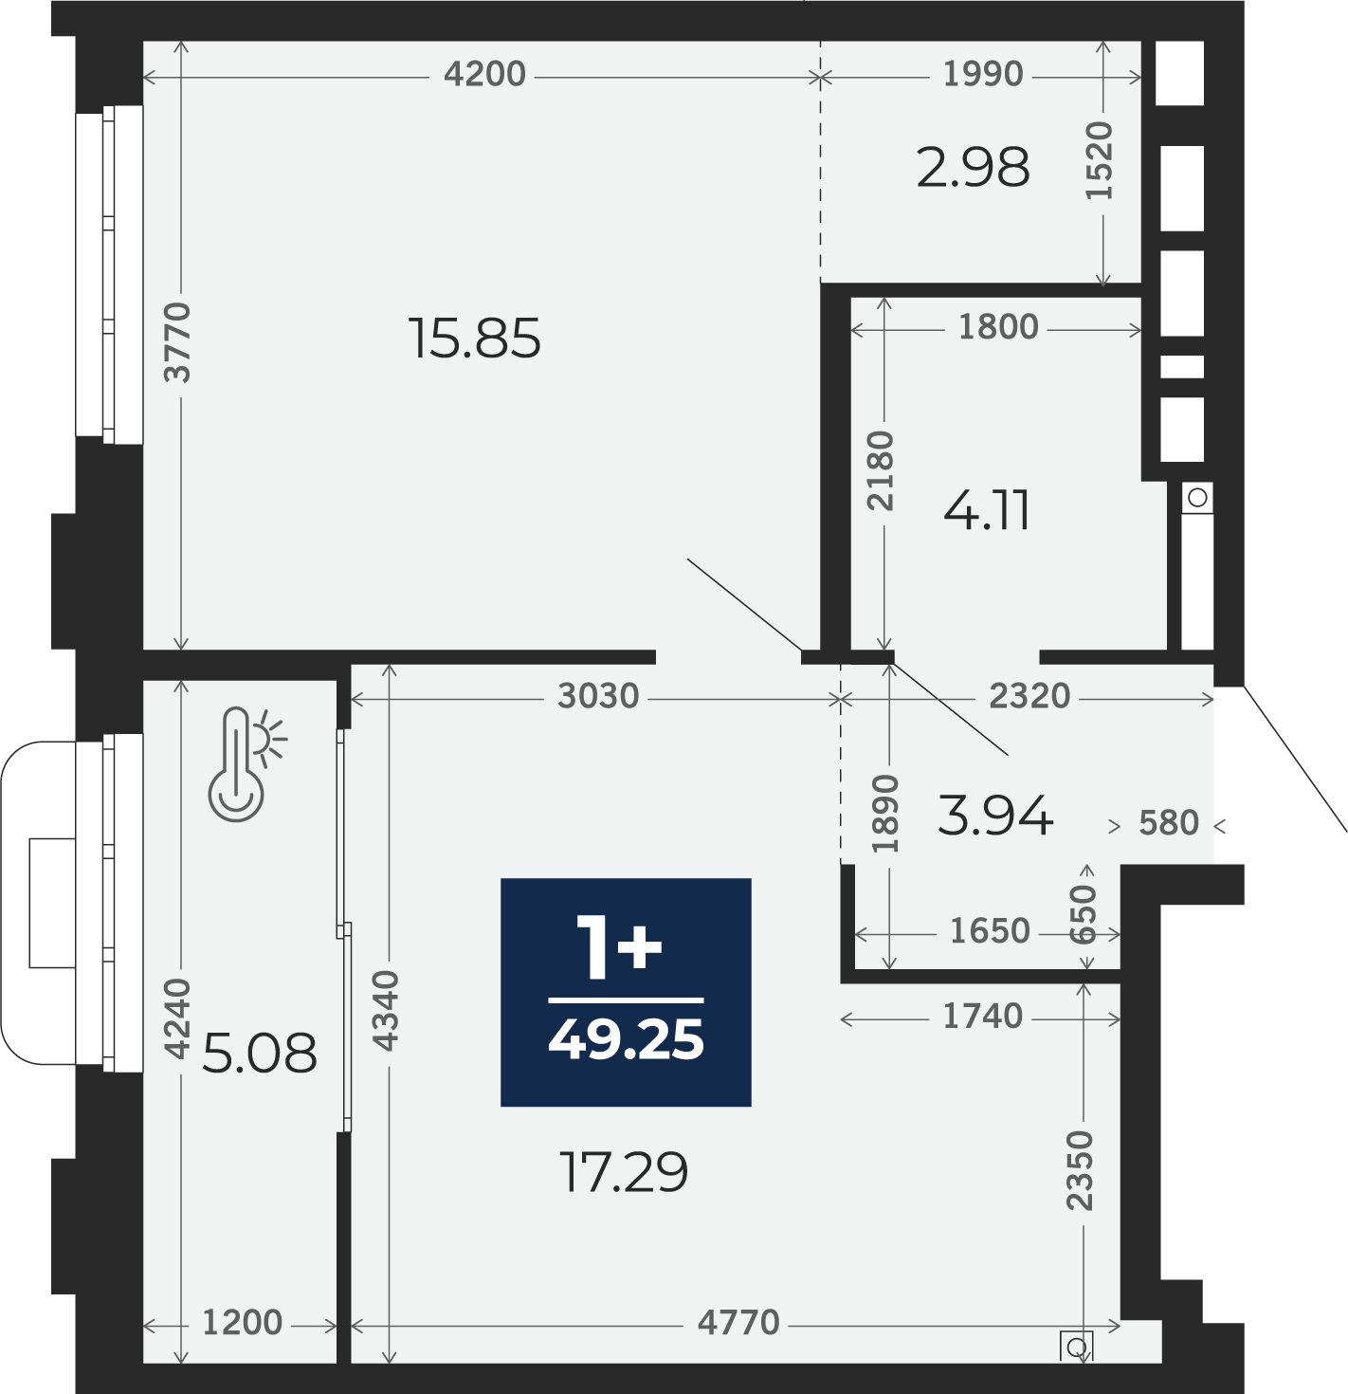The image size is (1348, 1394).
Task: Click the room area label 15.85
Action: [x=474, y=339]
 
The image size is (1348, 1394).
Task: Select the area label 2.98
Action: [x=973, y=167]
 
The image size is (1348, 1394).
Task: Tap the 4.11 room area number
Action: [x=987, y=510]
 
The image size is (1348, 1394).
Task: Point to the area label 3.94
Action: [x=995, y=816]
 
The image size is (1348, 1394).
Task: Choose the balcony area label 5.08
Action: [x=260, y=1053]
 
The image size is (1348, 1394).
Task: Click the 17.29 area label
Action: [x=623, y=1173]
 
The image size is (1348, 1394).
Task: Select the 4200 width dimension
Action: [x=485, y=74]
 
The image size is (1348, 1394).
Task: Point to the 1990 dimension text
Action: [x=983, y=74]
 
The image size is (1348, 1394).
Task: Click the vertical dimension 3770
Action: [x=177, y=342]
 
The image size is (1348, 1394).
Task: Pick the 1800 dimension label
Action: [x=998, y=327]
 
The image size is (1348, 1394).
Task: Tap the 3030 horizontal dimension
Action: [x=598, y=696]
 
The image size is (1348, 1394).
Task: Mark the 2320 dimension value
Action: [x=1029, y=696]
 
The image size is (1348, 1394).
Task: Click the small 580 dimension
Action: [x=1169, y=823]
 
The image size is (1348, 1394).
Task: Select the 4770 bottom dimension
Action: [x=738, y=1323]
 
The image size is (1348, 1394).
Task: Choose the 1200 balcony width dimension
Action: [x=243, y=1323]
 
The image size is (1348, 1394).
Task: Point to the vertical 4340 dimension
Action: [x=386, y=1011]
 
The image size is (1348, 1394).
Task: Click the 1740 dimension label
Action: [x=983, y=1017]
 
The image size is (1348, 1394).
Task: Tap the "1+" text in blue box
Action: [x=620, y=950]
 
